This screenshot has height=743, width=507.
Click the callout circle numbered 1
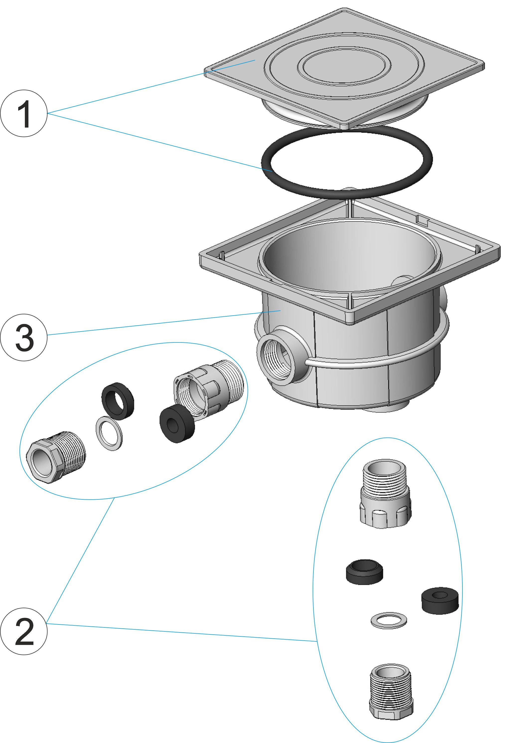[x=24, y=114]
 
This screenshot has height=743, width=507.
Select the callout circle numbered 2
[x=24, y=631]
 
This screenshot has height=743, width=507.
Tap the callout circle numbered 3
[x=24, y=338]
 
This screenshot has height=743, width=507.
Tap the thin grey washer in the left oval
[x=109, y=434]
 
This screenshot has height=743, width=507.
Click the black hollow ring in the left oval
[x=117, y=401]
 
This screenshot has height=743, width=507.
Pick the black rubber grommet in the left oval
[x=177, y=424]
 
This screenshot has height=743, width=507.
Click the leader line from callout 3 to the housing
[x=160, y=323]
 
